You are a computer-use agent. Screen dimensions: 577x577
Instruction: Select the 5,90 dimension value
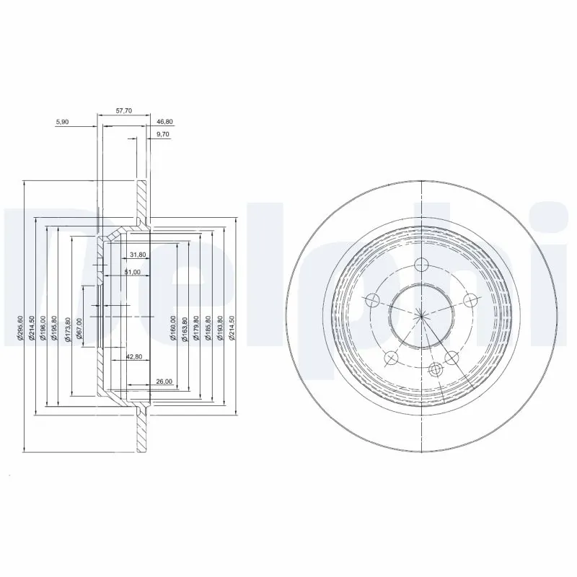(62, 123)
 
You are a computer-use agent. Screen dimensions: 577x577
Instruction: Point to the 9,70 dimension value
(163, 135)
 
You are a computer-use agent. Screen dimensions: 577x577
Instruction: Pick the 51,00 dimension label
(132, 272)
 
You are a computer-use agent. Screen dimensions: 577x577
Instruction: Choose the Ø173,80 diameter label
(68, 327)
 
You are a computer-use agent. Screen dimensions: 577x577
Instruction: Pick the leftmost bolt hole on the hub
(373, 300)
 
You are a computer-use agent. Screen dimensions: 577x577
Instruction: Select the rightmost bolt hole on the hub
(470, 300)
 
